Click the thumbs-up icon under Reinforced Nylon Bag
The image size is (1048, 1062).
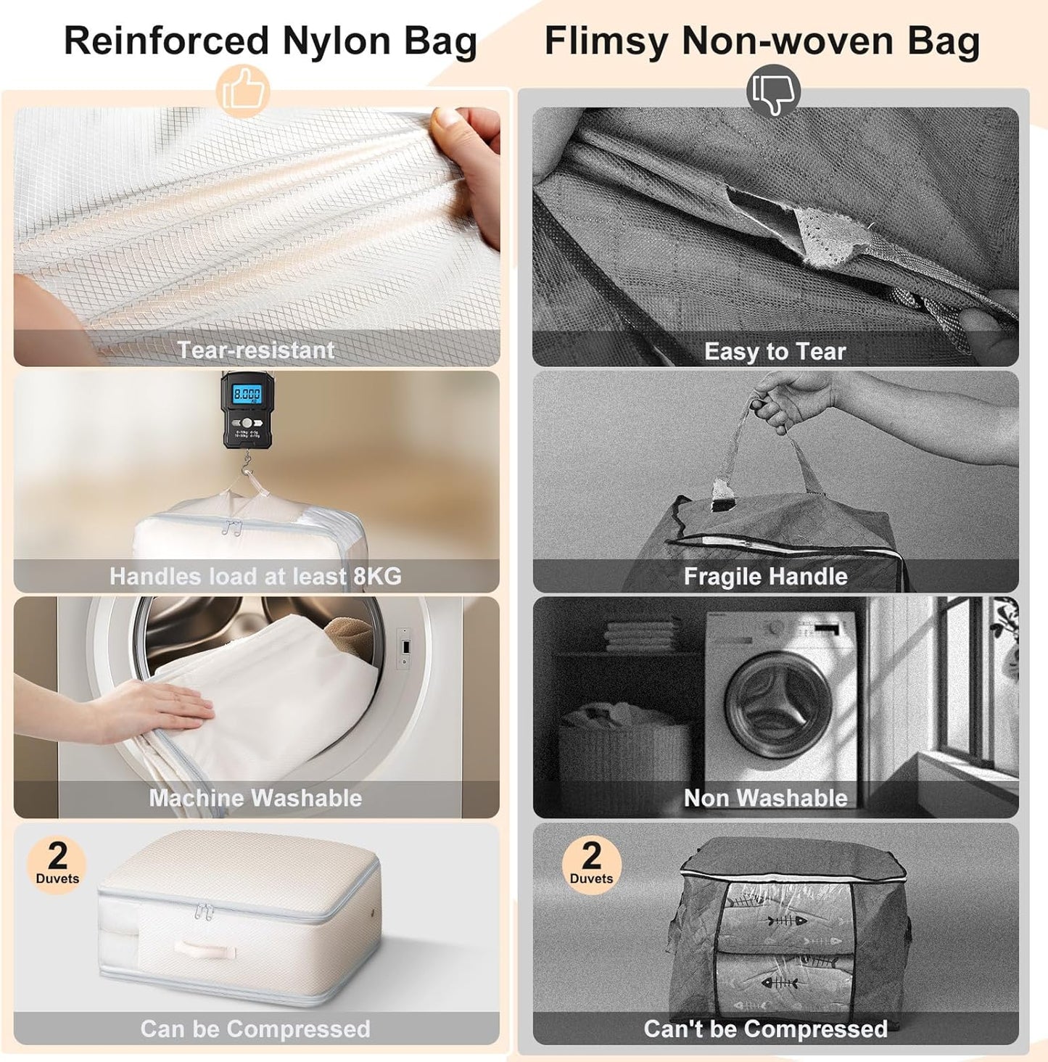(x=243, y=92)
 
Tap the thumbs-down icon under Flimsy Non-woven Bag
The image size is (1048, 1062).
(x=773, y=92)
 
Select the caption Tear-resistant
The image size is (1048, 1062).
(x=256, y=350)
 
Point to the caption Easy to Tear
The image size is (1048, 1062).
(x=775, y=352)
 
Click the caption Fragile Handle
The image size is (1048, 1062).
(x=765, y=577)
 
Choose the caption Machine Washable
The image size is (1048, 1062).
(x=255, y=798)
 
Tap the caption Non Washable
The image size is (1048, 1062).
(x=765, y=798)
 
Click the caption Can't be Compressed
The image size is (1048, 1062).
(x=765, y=1029)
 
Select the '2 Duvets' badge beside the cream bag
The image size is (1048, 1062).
(x=57, y=864)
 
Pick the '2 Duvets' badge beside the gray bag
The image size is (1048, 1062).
(x=591, y=864)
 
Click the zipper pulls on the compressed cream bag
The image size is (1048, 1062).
(x=204, y=912)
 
